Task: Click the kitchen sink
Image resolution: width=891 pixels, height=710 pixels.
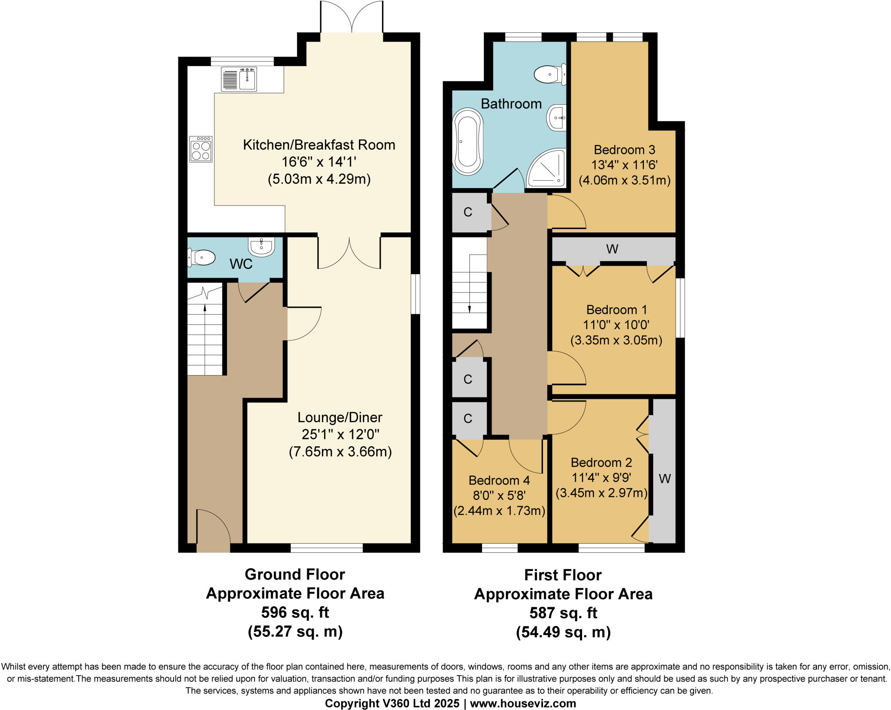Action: tap(239, 79)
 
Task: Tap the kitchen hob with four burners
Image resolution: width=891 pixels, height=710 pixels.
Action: tap(201, 149)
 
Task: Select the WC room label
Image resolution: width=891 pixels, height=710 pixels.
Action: tap(241, 264)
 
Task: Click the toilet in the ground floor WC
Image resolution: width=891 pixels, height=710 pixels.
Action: tap(201, 258)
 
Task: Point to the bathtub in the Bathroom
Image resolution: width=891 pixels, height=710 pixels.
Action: tap(468, 142)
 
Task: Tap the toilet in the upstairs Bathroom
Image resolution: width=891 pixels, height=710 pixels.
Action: tap(550, 74)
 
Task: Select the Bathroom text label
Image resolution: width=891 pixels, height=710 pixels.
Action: tap(511, 104)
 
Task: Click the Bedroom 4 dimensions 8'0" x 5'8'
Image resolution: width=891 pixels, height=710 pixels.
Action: tap(499, 495)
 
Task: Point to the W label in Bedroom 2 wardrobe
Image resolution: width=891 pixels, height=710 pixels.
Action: tap(664, 479)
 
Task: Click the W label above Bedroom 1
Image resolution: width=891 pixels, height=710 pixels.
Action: tap(612, 249)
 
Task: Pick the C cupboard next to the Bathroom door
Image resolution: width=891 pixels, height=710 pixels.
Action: tap(468, 212)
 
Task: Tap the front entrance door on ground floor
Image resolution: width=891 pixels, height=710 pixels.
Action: tap(213, 532)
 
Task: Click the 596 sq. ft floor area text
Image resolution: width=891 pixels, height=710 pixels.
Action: tap(295, 612)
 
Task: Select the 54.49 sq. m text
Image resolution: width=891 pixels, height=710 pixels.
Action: tap(563, 632)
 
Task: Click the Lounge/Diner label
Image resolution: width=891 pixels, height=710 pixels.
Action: tap(340, 417)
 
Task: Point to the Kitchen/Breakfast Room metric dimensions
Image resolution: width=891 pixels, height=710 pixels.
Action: tap(319, 179)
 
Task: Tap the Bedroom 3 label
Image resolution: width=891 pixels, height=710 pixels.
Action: tap(624, 150)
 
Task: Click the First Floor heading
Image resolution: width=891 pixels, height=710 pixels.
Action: tap(563, 575)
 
